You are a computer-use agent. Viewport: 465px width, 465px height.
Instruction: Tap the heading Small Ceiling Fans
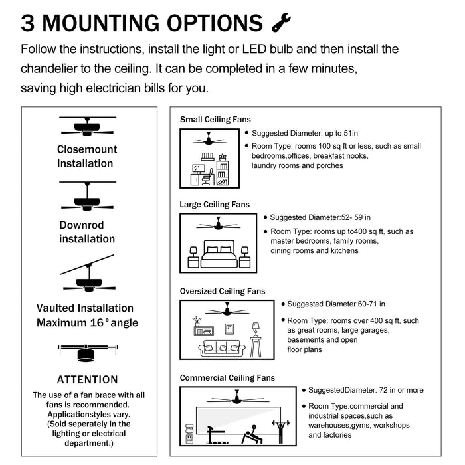coord(215,120)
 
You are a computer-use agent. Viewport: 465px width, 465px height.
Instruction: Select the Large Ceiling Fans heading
coord(215,205)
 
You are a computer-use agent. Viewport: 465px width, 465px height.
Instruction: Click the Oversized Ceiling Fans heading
coord(222,291)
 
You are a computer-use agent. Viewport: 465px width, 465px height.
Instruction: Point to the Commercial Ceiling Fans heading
coord(227,378)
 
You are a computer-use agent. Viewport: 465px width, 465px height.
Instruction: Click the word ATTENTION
coord(87,380)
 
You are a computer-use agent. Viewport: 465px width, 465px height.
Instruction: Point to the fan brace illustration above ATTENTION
coord(87,351)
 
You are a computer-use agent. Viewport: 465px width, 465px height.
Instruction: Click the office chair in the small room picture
coord(207,177)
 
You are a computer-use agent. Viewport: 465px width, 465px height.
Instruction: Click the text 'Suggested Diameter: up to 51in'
coord(306,133)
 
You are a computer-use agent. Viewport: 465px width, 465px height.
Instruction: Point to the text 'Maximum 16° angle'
coord(87,323)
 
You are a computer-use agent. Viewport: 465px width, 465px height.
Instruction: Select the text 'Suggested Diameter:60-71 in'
coord(336,304)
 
